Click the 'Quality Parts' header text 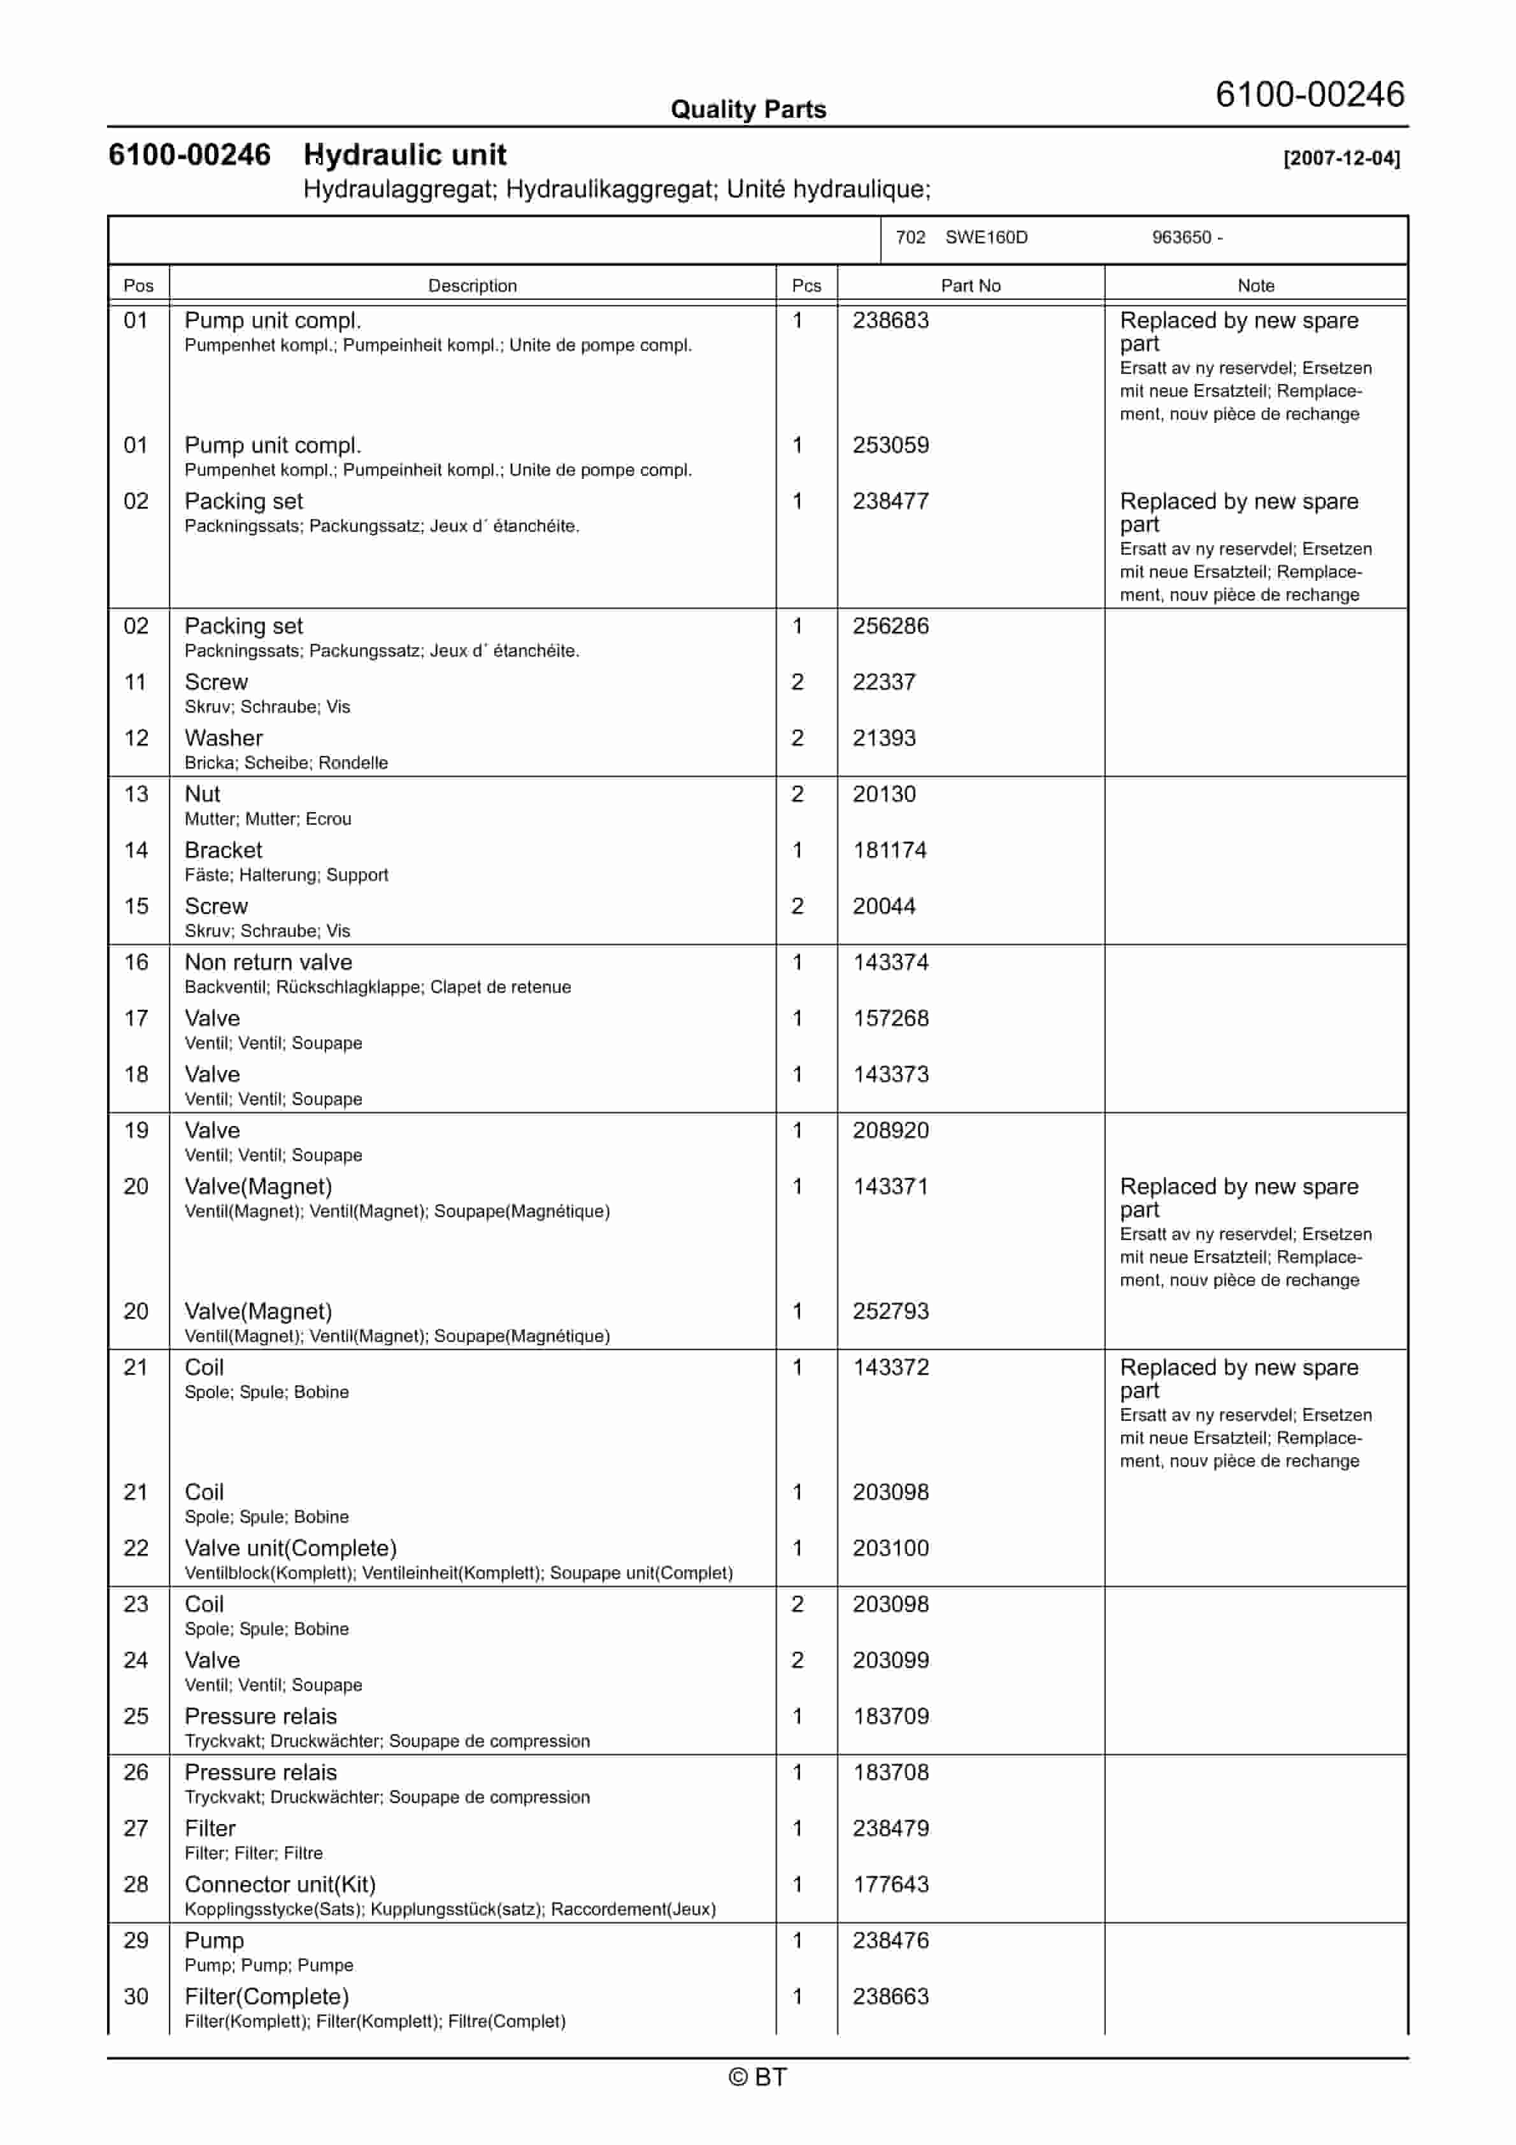coord(748,110)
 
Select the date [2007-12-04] coord(1341,158)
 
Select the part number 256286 coord(890,626)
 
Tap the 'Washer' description coord(224,738)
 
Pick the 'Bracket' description coord(224,850)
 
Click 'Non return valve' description coord(268,962)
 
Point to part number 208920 coord(890,1130)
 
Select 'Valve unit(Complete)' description coord(290,1548)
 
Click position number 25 coord(136,1716)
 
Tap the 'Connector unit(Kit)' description coord(280,1885)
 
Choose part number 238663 coord(890,1997)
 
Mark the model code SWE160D coord(986,238)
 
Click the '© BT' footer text coord(757,2077)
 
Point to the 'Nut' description coord(202,794)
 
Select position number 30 coord(136,1997)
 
